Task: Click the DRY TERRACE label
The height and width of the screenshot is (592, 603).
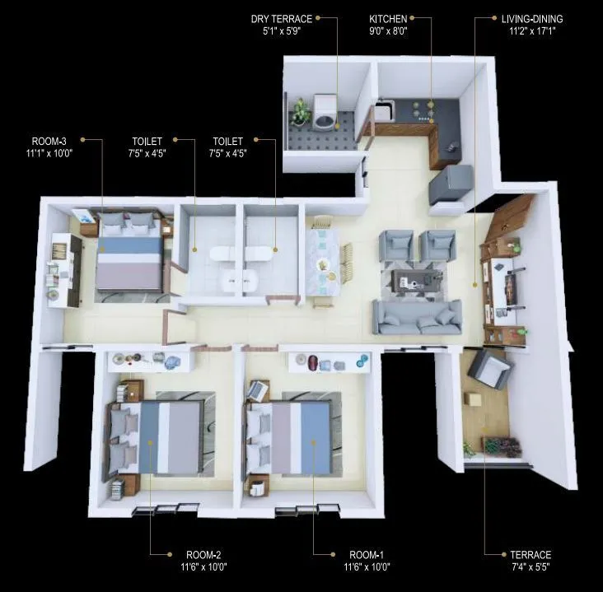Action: (x=281, y=18)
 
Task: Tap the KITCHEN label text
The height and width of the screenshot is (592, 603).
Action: (x=389, y=18)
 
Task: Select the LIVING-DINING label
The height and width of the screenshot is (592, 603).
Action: (x=532, y=18)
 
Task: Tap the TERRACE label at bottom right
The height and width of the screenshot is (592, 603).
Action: (x=530, y=554)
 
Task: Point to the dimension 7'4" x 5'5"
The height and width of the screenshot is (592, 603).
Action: (x=530, y=566)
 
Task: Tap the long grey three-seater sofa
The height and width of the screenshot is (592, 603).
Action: (x=417, y=315)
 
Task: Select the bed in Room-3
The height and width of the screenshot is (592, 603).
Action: (x=129, y=255)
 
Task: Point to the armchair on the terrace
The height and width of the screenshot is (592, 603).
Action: (x=490, y=368)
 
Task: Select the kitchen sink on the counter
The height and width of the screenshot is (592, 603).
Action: (x=386, y=108)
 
